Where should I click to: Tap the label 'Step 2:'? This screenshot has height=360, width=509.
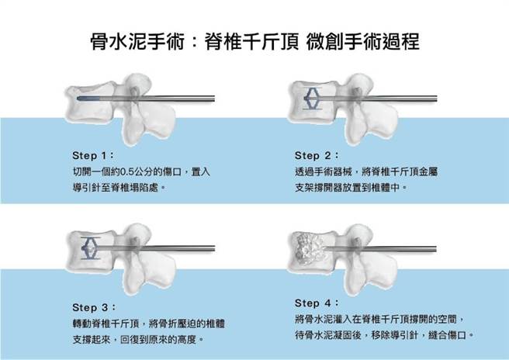point(317,154)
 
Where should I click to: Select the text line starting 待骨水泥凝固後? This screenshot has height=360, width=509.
point(384,335)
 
